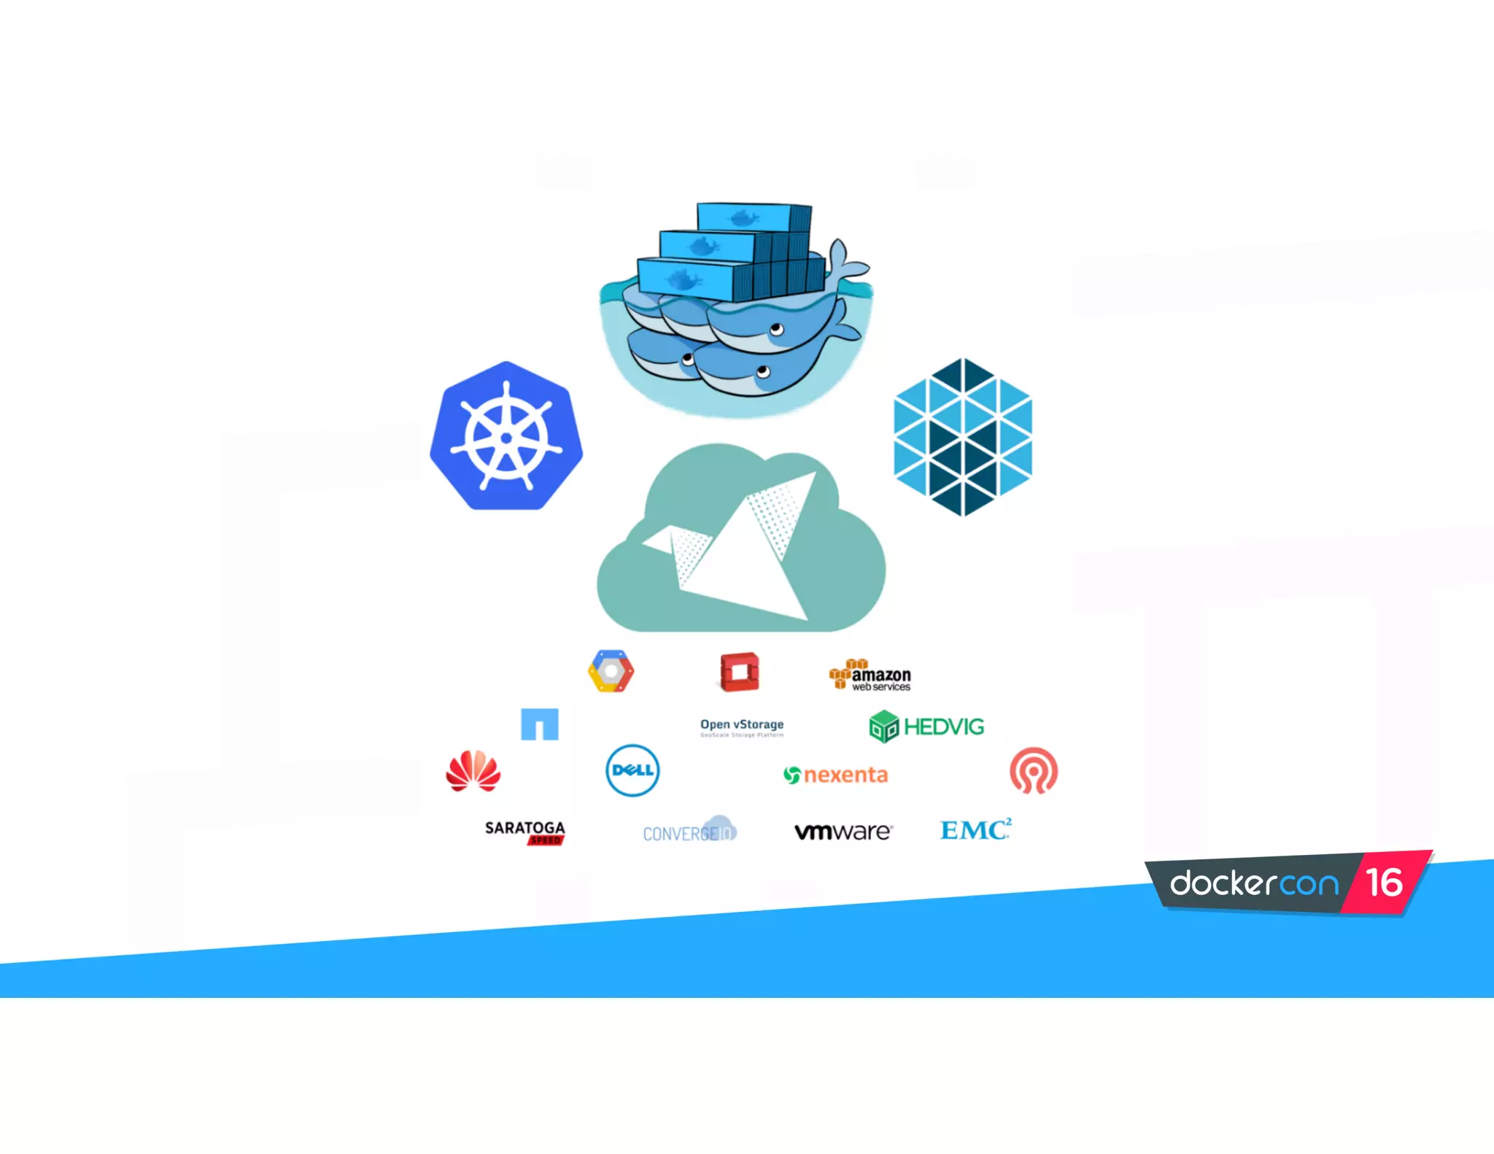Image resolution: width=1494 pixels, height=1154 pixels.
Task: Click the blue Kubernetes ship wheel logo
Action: (506, 437)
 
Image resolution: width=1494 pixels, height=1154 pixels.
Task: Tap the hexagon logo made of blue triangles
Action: (962, 437)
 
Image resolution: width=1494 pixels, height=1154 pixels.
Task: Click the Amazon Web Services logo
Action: (870, 675)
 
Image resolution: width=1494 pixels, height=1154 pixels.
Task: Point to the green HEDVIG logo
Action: (926, 727)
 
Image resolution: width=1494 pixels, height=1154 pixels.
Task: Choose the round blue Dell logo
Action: (632, 770)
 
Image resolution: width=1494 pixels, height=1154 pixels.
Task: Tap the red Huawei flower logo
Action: (473, 771)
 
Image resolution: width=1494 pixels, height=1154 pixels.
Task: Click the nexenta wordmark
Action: (836, 775)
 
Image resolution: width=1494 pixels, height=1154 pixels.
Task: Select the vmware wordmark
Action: (843, 832)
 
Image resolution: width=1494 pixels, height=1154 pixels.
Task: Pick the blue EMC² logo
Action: (975, 829)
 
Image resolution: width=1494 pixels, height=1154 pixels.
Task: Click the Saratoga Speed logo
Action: (525, 832)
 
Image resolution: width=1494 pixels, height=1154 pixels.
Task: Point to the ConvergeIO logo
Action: (689, 831)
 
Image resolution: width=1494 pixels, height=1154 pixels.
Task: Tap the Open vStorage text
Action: (742, 726)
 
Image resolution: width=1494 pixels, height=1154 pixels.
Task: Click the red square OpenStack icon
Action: (740, 672)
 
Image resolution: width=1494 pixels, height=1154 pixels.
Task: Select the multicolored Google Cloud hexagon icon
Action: (611, 671)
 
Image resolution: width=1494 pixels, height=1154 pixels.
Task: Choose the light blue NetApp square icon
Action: (540, 724)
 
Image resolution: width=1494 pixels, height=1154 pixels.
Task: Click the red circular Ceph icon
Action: (1034, 770)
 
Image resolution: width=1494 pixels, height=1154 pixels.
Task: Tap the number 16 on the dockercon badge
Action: (1384, 883)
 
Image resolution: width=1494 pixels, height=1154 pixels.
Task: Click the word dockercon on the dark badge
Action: (1254, 883)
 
